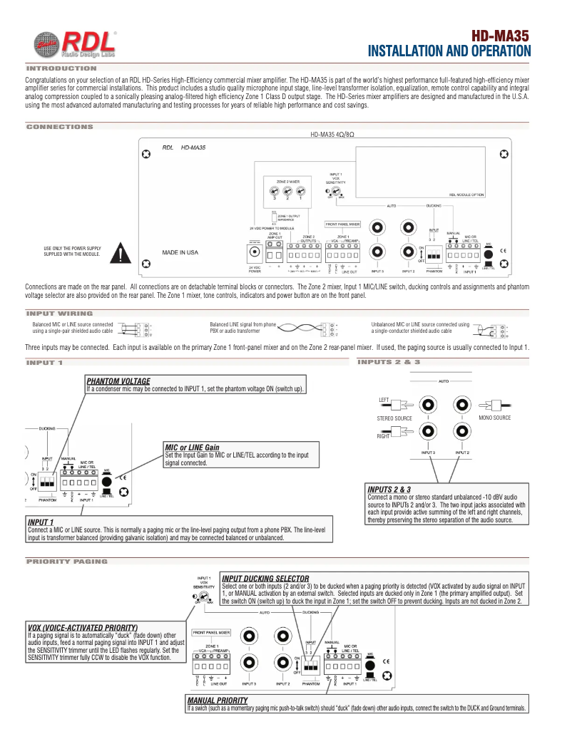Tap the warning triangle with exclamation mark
(124, 253)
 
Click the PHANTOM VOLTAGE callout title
(118, 381)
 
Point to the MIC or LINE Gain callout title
(192, 448)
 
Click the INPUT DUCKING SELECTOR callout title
(265, 578)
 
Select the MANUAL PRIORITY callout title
(217, 701)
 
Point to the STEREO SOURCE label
(394, 418)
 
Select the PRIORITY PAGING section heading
(66, 562)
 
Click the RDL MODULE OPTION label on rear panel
(467, 194)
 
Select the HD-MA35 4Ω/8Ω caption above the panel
(332, 135)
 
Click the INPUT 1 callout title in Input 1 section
(41, 522)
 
